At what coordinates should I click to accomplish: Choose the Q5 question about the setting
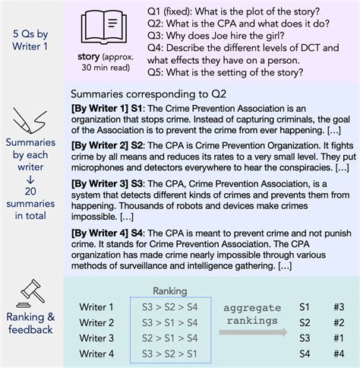[x=215, y=73]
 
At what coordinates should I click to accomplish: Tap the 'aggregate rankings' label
[x=251, y=313]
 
